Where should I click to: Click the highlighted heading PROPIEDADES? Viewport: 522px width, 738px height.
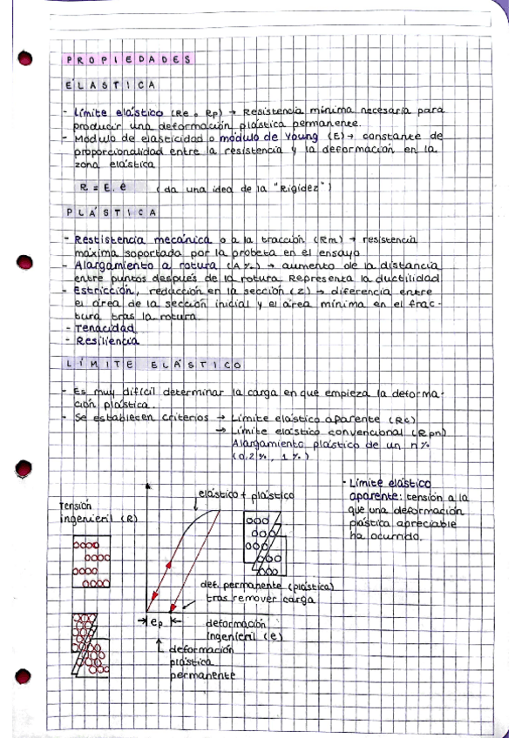tap(128, 59)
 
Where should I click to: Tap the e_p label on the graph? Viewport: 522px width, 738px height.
tap(158, 622)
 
